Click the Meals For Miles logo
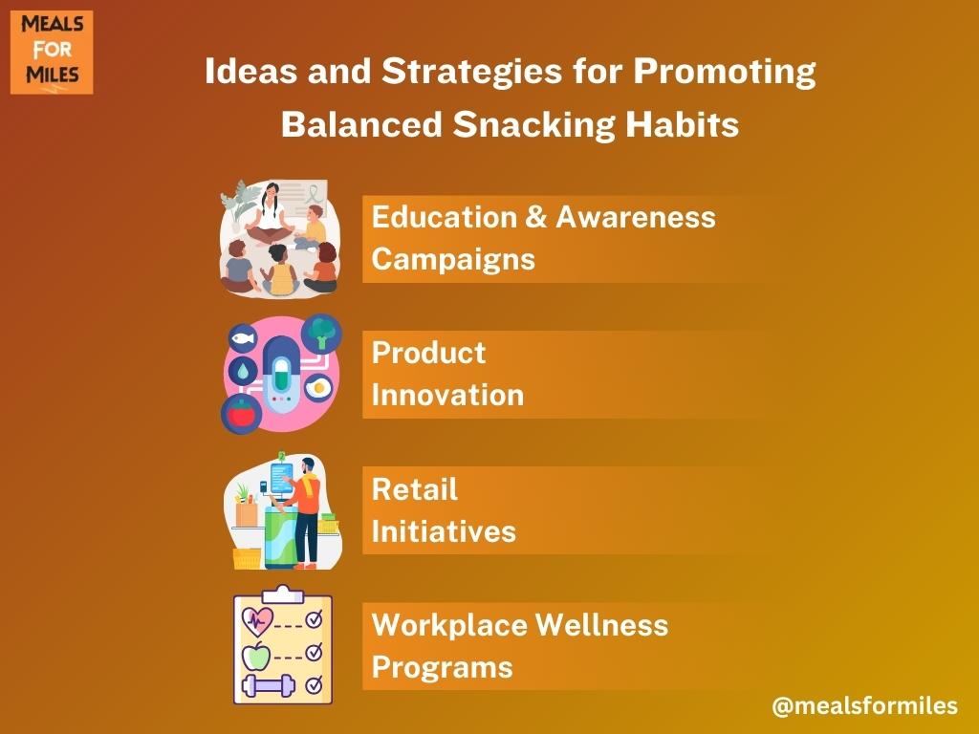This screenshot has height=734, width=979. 52,53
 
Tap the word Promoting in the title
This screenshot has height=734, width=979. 725,72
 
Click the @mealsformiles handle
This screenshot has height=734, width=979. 864,706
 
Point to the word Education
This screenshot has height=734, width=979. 444,217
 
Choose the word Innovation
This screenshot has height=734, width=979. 447,395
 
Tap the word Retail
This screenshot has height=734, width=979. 415,489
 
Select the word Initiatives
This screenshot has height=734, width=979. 444,531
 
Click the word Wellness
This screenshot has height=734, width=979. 602,625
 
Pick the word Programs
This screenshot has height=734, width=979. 442,668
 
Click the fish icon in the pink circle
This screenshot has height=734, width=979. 243,339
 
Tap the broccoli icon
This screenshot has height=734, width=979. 321,334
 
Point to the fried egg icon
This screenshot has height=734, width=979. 319,388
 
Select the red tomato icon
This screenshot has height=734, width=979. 242,414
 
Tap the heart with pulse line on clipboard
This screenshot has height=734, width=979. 257,621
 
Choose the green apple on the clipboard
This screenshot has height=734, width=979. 256,656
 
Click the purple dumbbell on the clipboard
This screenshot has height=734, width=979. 269,685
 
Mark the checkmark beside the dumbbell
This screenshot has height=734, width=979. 314,684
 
